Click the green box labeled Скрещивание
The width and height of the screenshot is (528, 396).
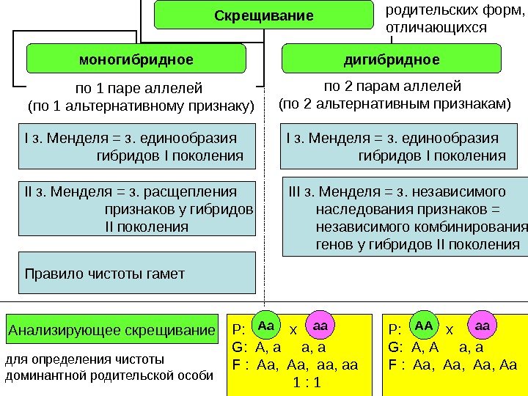pyautogui.click(x=263, y=16)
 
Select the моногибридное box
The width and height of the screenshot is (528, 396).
pyautogui.click(x=136, y=59)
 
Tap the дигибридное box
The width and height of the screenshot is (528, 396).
pyautogui.click(x=392, y=59)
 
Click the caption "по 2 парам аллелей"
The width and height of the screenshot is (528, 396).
pyautogui.click(x=392, y=86)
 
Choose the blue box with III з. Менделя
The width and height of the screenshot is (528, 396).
pyautogui.click(x=404, y=218)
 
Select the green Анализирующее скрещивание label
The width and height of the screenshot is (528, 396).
pyautogui.click(x=112, y=330)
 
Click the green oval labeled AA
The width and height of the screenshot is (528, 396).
pyautogui.click(x=424, y=323)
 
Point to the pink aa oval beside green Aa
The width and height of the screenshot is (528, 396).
pyautogui.click(x=320, y=323)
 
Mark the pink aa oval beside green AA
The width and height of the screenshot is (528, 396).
pyautogui.click(x=483, y=323)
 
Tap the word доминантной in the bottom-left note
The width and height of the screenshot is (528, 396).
pyautogui.click(x=42, y=376)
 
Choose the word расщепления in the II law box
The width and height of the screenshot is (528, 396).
pyautogui.click(x=191, y=192)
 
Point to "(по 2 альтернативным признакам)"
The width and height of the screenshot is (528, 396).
pyautogui.click(x=395, y=103)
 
